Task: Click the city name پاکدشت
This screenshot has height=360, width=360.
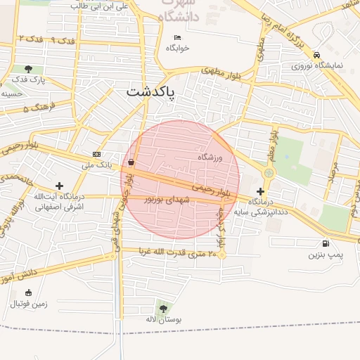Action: point(152,92)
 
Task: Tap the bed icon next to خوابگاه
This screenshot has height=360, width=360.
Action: point(176,37)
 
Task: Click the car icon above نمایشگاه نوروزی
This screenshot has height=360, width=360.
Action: point(317,55)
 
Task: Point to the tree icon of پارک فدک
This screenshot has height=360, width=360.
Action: point(28,69)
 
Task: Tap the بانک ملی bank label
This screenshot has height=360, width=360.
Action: point(97,165)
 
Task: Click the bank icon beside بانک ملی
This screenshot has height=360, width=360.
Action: point(96,155)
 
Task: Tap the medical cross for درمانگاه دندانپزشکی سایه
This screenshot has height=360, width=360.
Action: point(261,191)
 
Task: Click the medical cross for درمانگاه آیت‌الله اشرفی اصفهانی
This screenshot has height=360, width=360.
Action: point(59,186)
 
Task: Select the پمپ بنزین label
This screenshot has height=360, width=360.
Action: point(324,254)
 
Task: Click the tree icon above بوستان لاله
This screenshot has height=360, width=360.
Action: point(163,308)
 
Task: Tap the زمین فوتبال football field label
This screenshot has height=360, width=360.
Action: point(27,304)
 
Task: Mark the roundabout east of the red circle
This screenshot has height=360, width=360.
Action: point(269,172)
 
